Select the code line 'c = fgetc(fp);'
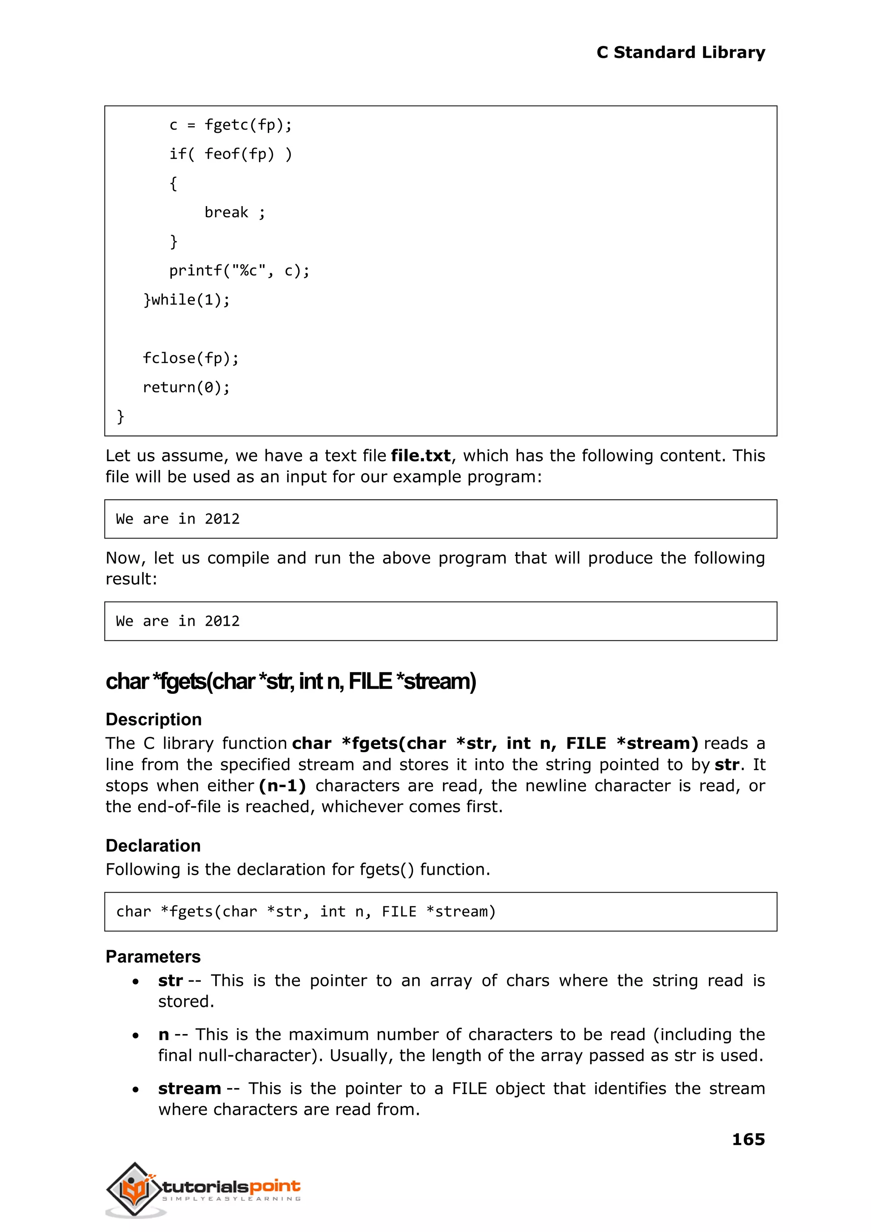click(x=231, y=125)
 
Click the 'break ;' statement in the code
click(x=234, y=212)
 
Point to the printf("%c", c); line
click(x=239, y=271)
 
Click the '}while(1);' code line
click(x=186, y=300)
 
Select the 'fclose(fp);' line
click(x=191, y=358)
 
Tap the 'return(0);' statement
click(x=186, y=387)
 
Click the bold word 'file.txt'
click(x=421, y=456)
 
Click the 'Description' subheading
click(x=154, y=719)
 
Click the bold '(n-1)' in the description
click(x=282, y=786)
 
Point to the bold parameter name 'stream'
click(x=189, y=1088)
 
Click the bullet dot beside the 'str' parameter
click(x=136, y=982)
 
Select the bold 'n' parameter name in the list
click(x=164, y=1034)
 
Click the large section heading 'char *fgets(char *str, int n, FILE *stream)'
click(x=291, y=681)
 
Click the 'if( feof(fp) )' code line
click(x=231, y=154)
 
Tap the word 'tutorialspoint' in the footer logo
click(x=231, y=1186)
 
